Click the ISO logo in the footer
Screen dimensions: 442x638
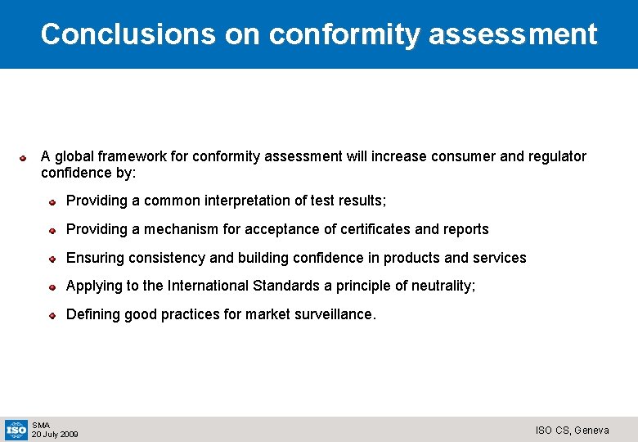tap(16, 429)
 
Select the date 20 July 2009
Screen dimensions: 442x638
tap(55, 434)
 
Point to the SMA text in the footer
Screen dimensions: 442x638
tap(41, 425)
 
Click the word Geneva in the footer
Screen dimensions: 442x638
tap(591, 430)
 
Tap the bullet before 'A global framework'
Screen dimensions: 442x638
tap(25, 156)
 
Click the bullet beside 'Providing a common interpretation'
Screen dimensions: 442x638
tap(51, 201)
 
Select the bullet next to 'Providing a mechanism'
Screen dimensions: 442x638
tap(51, 230)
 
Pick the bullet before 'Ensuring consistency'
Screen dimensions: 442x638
tap(51, 259)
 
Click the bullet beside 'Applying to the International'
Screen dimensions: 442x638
tap(51, 286)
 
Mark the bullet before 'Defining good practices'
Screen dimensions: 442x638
tap(51, 315)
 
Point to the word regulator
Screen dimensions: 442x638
tap(557, 156)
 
